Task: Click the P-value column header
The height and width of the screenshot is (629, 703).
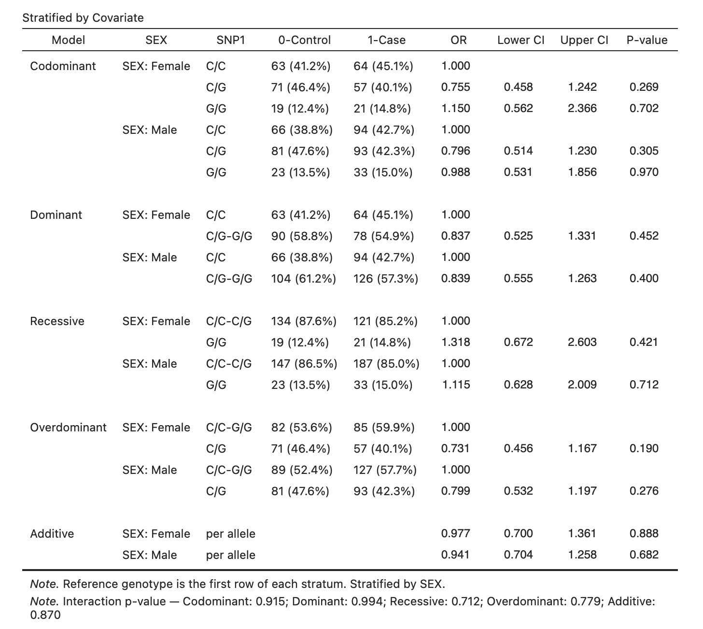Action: [647, 40]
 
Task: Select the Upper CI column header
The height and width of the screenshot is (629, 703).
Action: [584, 40]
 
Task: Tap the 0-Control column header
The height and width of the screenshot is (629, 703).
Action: [304, 40]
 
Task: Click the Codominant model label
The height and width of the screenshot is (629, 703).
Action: [63, 66]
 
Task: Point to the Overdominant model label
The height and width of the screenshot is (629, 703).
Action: [69, 428]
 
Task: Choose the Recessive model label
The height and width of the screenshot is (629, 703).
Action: [57, 321]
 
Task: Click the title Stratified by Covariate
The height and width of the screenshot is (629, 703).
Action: [83, 18]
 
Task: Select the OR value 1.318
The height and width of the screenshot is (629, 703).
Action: [456, 342]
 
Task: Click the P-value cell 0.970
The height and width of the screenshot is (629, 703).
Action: [644, 172]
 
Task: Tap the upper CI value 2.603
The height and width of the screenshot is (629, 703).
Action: [582, 342]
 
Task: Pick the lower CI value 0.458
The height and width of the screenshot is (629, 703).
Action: [519, 87]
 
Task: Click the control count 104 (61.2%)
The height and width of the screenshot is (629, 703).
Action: [304, 279]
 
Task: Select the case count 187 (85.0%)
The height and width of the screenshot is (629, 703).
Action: [386, 364]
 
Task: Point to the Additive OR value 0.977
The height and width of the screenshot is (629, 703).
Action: [456, 533]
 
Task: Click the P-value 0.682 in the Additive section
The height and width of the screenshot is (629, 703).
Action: [644, 555]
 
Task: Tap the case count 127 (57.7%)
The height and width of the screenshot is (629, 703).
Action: [385, 470]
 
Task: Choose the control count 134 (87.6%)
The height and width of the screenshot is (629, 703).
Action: [304, 321]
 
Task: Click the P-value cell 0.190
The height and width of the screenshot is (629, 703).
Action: [644, 448]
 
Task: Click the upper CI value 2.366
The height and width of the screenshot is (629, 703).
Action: [582, 108]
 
